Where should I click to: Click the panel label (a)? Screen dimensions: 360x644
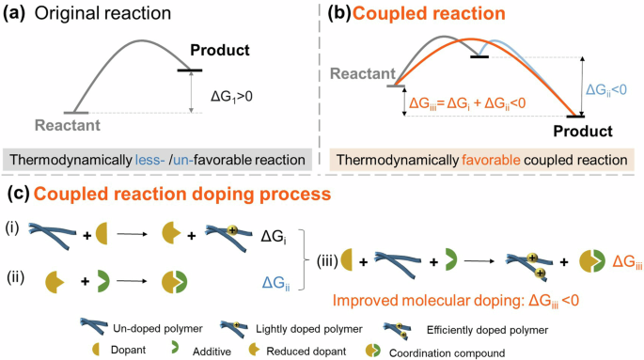pos(19,15)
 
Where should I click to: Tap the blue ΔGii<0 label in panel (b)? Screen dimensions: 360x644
pos(609,88)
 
